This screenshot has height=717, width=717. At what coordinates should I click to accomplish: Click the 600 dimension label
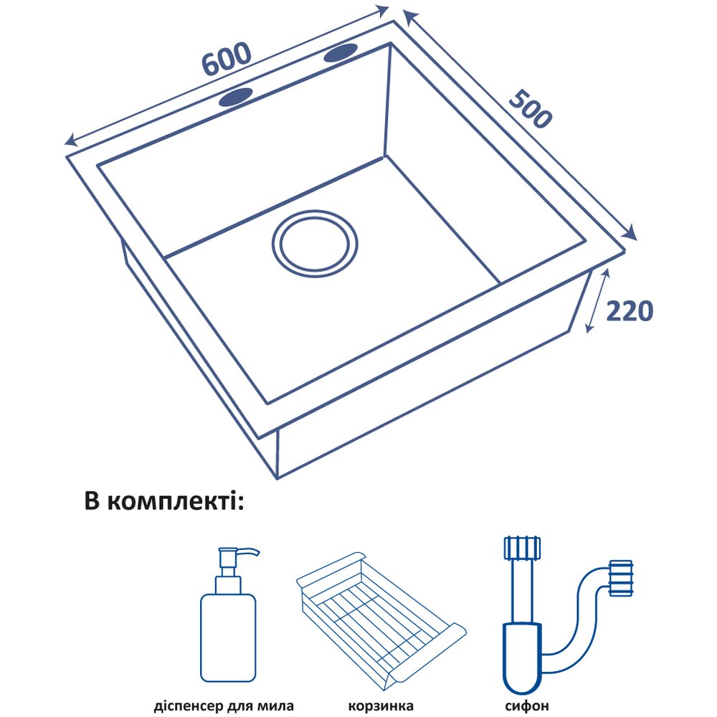coord(226,60)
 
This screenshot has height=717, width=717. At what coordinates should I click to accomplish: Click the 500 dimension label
coord(531,108)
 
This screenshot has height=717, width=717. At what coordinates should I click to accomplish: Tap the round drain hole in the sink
coord(315,244)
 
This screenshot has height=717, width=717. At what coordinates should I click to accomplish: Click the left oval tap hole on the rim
coord(237,98)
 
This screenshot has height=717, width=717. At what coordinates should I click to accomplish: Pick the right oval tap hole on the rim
coord(341,52)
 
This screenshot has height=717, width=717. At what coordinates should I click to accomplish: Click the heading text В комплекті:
coord(164,501)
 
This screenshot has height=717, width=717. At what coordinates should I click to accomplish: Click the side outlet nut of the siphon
coord(621,578)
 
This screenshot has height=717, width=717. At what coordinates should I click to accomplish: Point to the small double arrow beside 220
coord(597,301)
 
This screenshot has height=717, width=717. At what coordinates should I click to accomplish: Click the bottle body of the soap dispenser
coord(228,638)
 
